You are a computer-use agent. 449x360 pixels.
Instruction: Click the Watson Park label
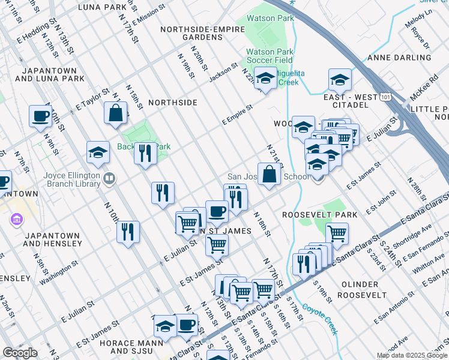pos(270,18)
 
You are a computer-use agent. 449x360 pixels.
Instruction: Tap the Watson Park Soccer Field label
pos(270,56)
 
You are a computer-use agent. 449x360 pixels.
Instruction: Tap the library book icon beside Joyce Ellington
pos(109,178)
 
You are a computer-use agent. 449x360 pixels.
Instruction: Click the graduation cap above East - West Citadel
pos(340,79)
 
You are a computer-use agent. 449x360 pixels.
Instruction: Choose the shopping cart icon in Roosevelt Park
pos(337,233)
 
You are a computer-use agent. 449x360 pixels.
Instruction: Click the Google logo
pos(20,353)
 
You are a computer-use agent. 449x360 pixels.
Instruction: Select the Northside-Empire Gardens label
pos(191,33)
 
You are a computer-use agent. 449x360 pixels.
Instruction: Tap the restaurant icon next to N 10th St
pos(128,231)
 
